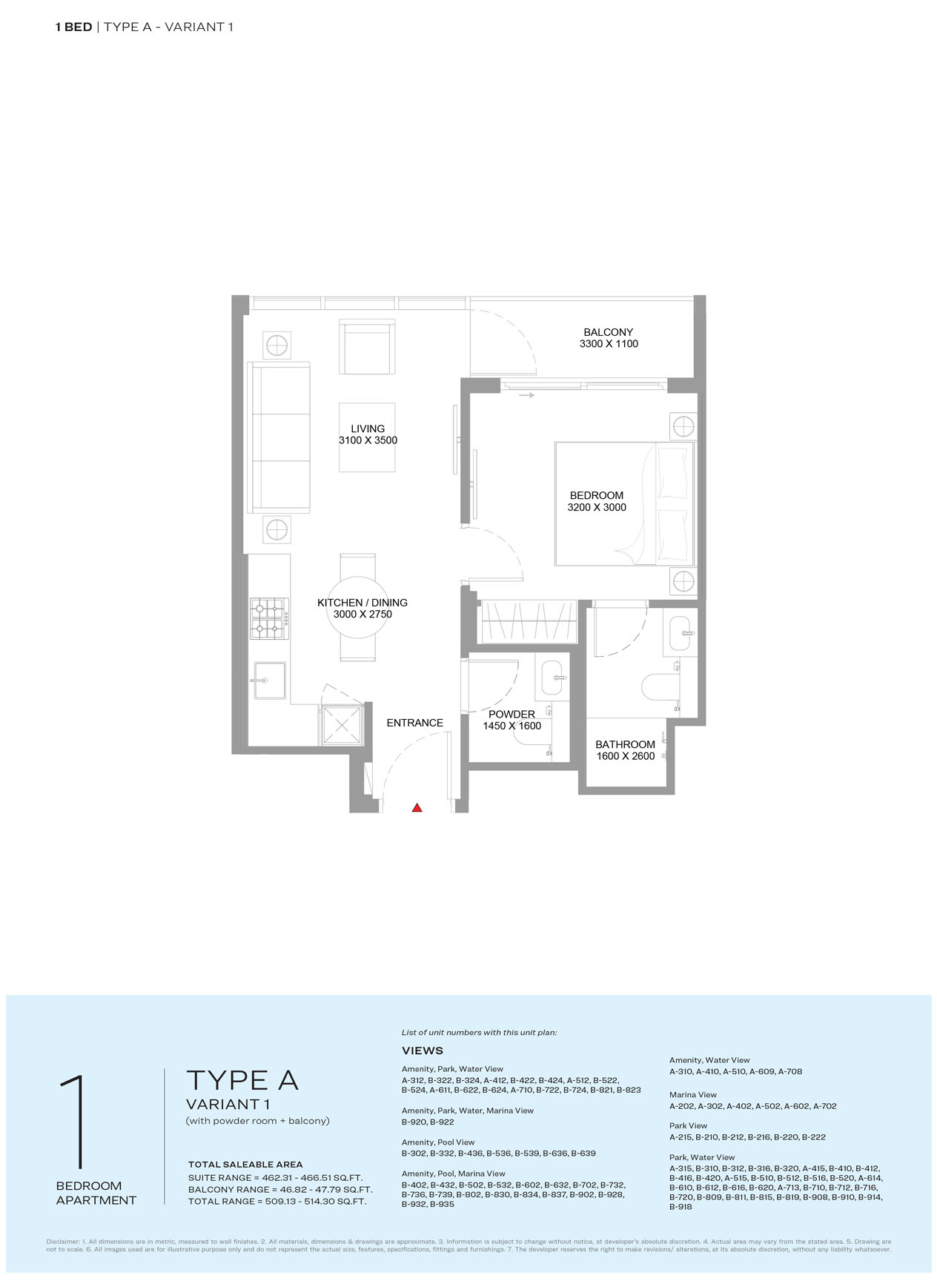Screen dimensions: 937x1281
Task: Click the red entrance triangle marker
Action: pyautogui.click(x=417, y=807)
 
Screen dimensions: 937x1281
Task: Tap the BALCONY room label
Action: pyautogui.click(x=608, y=332)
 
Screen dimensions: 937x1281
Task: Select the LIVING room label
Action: pyautogui.click(x=368, y=428)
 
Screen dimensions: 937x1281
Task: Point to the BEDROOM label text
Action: pyautogui.click(x=596, y=495)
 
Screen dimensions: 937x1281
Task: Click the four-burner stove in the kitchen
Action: pyautogui.click(x=270, y=618)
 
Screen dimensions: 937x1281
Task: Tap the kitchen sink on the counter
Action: pyautogui.click(x=271, y=681)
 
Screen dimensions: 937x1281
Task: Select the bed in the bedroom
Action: pyautogui.click(x=624, y=504)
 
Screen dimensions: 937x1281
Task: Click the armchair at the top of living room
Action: pyautogui.click(x=367, y=347)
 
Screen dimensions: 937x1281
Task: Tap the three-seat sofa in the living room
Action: pyautogui.click(x=279, y=437)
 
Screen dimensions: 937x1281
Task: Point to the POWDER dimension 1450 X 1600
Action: pyautogui.click(x=511, y=726)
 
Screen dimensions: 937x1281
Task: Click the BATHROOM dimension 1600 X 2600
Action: pyautogui.click(x=626, y=756)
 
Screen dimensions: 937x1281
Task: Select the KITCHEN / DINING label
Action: pyautogui.click(x=362, y=603)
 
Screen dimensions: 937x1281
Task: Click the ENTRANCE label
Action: pyautogui.click(x=415, y=723)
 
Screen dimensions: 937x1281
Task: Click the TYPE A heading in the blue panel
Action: pyautogui.click(x=242, y=1081)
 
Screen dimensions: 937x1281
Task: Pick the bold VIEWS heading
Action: pyautogui.click(x=423, y=1050)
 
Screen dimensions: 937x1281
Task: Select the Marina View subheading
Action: pyautogui.click(x=693, y=1094)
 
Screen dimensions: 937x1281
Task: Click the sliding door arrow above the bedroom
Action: pyautogui.click(x=526, y=396)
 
